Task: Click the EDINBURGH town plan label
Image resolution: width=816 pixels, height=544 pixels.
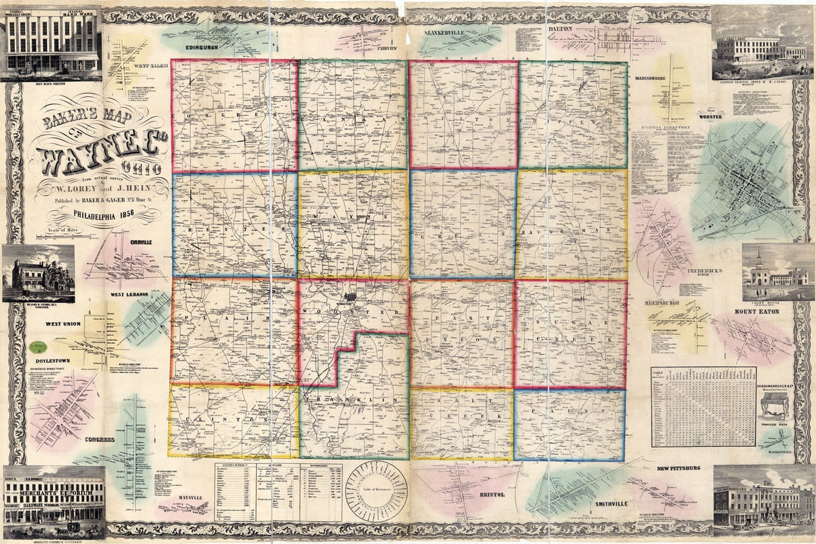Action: click(191, 48)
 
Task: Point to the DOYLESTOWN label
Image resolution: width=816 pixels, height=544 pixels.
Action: click(53, 361)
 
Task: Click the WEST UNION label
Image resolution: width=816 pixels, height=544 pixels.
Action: click(63, 323)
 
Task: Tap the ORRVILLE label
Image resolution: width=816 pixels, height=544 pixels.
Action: click(142, 241)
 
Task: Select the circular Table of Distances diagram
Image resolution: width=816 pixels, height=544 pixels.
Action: click(376, 490)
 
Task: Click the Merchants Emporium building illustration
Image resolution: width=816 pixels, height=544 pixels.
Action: click(54, 501)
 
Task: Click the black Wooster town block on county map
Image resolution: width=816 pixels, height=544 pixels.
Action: click(350, 297)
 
